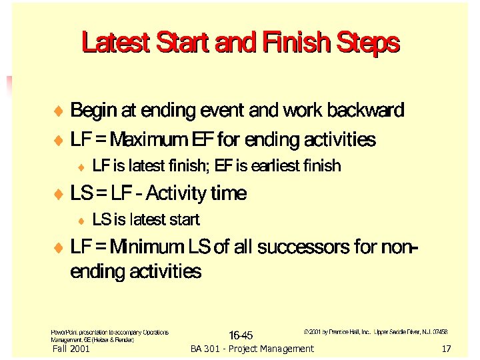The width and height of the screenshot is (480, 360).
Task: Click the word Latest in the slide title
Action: [115, 43]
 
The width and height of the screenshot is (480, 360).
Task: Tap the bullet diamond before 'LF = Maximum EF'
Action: [58, 141]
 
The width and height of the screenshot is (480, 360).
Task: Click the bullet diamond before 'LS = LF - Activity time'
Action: [58, 195]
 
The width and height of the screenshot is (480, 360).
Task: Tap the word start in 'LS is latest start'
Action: [186, 219]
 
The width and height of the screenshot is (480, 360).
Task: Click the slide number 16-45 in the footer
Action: [240, 334]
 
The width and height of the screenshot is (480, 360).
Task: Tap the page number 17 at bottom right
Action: [446, 349]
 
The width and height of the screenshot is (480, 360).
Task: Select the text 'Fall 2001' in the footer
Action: [71, 349]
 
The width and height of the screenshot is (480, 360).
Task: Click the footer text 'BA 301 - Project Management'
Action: [251, 349]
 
